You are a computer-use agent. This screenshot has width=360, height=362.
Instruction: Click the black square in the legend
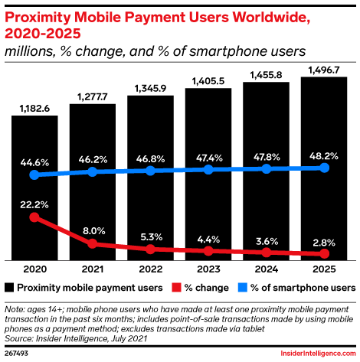[10, 288]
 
